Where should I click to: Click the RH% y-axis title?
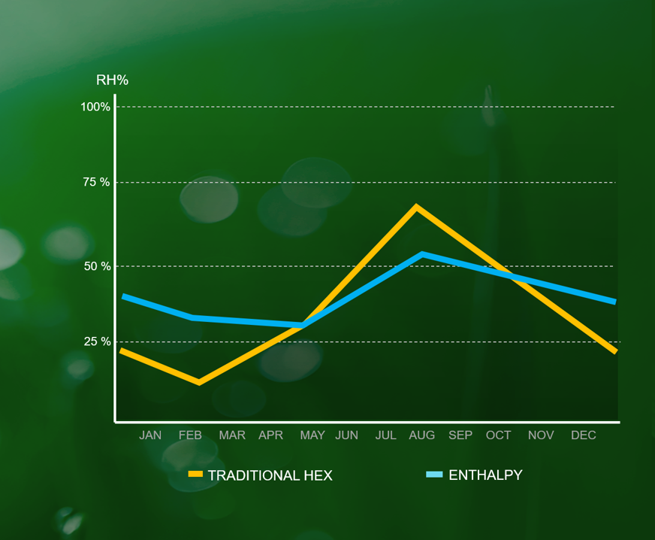(112, 80)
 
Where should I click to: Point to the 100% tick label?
(95, 107)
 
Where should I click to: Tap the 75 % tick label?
(95, 182)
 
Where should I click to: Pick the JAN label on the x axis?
(150, 435)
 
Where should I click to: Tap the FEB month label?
(190, 435)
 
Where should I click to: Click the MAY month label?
(312, 435)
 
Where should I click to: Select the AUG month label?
(421, 435)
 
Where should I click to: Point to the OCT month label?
(498, 435)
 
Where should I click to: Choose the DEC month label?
(584, 435)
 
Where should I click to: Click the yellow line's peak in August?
(416, 206)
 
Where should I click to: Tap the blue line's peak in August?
(422, 254)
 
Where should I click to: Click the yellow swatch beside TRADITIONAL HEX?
(195, 475)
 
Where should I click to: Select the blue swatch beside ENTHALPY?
(434, 475)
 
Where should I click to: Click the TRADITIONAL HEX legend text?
(270, 475)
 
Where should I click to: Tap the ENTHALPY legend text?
(485, 475)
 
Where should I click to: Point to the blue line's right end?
(615, 302)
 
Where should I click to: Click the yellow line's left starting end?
(122, 350)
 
